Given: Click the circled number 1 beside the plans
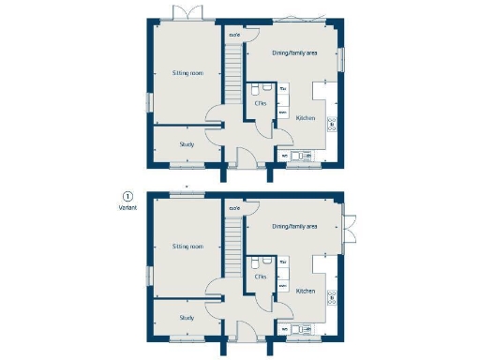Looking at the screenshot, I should (x=127, y=197).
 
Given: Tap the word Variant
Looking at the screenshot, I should (x=127, y=209).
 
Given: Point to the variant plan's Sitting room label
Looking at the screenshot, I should (x=187, y=247).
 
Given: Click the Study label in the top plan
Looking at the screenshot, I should (x=187, y=144).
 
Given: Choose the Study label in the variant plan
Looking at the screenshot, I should (x=187, y=318).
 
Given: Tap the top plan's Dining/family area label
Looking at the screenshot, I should (x=294, y=53).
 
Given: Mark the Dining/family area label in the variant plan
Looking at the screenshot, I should (x=294, y=227).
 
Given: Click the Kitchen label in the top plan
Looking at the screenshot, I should (x=306, y=118).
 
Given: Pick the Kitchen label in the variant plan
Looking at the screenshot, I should (x=306, y=292).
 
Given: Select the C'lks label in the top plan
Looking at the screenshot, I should (x=261, y=103).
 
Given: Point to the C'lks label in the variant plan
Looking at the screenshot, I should (x=261, y=277).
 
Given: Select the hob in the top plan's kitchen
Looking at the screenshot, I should (x=331, y=123).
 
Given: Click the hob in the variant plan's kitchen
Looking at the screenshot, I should (x=331, y=297).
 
